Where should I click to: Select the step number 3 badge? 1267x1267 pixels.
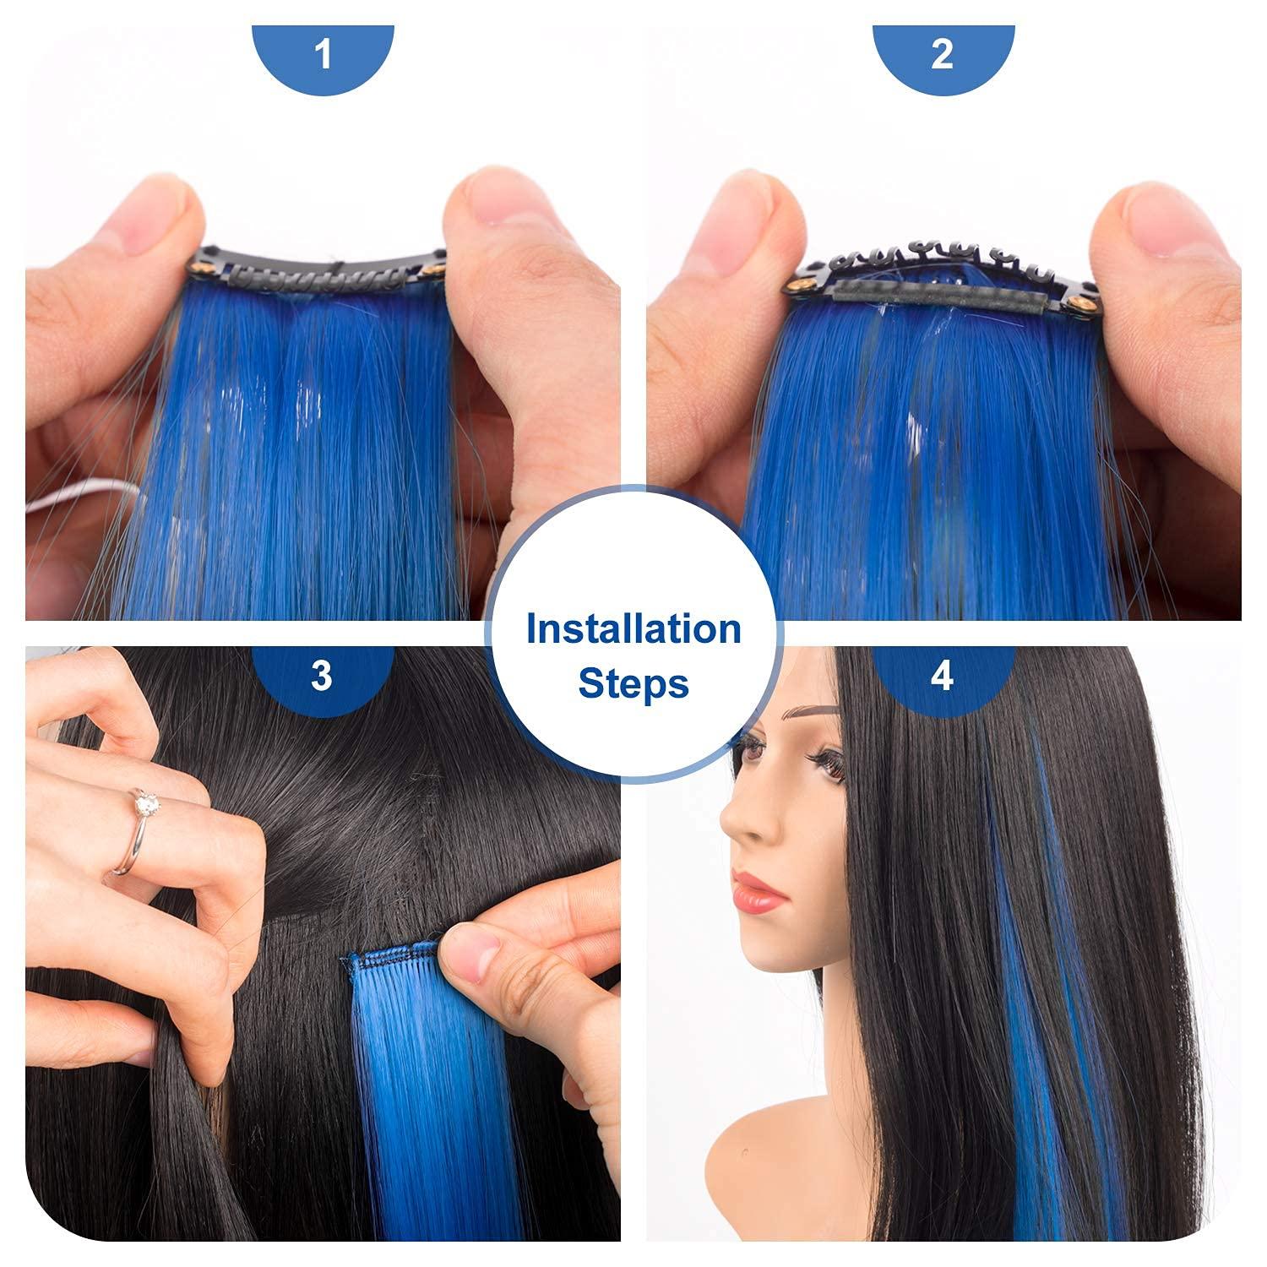(322, 677)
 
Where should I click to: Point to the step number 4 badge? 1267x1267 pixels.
(943, 677)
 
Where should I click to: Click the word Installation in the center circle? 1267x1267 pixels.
(633, 629)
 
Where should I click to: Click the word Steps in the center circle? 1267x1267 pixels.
(633, 683)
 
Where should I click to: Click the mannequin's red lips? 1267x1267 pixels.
(754, 892)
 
